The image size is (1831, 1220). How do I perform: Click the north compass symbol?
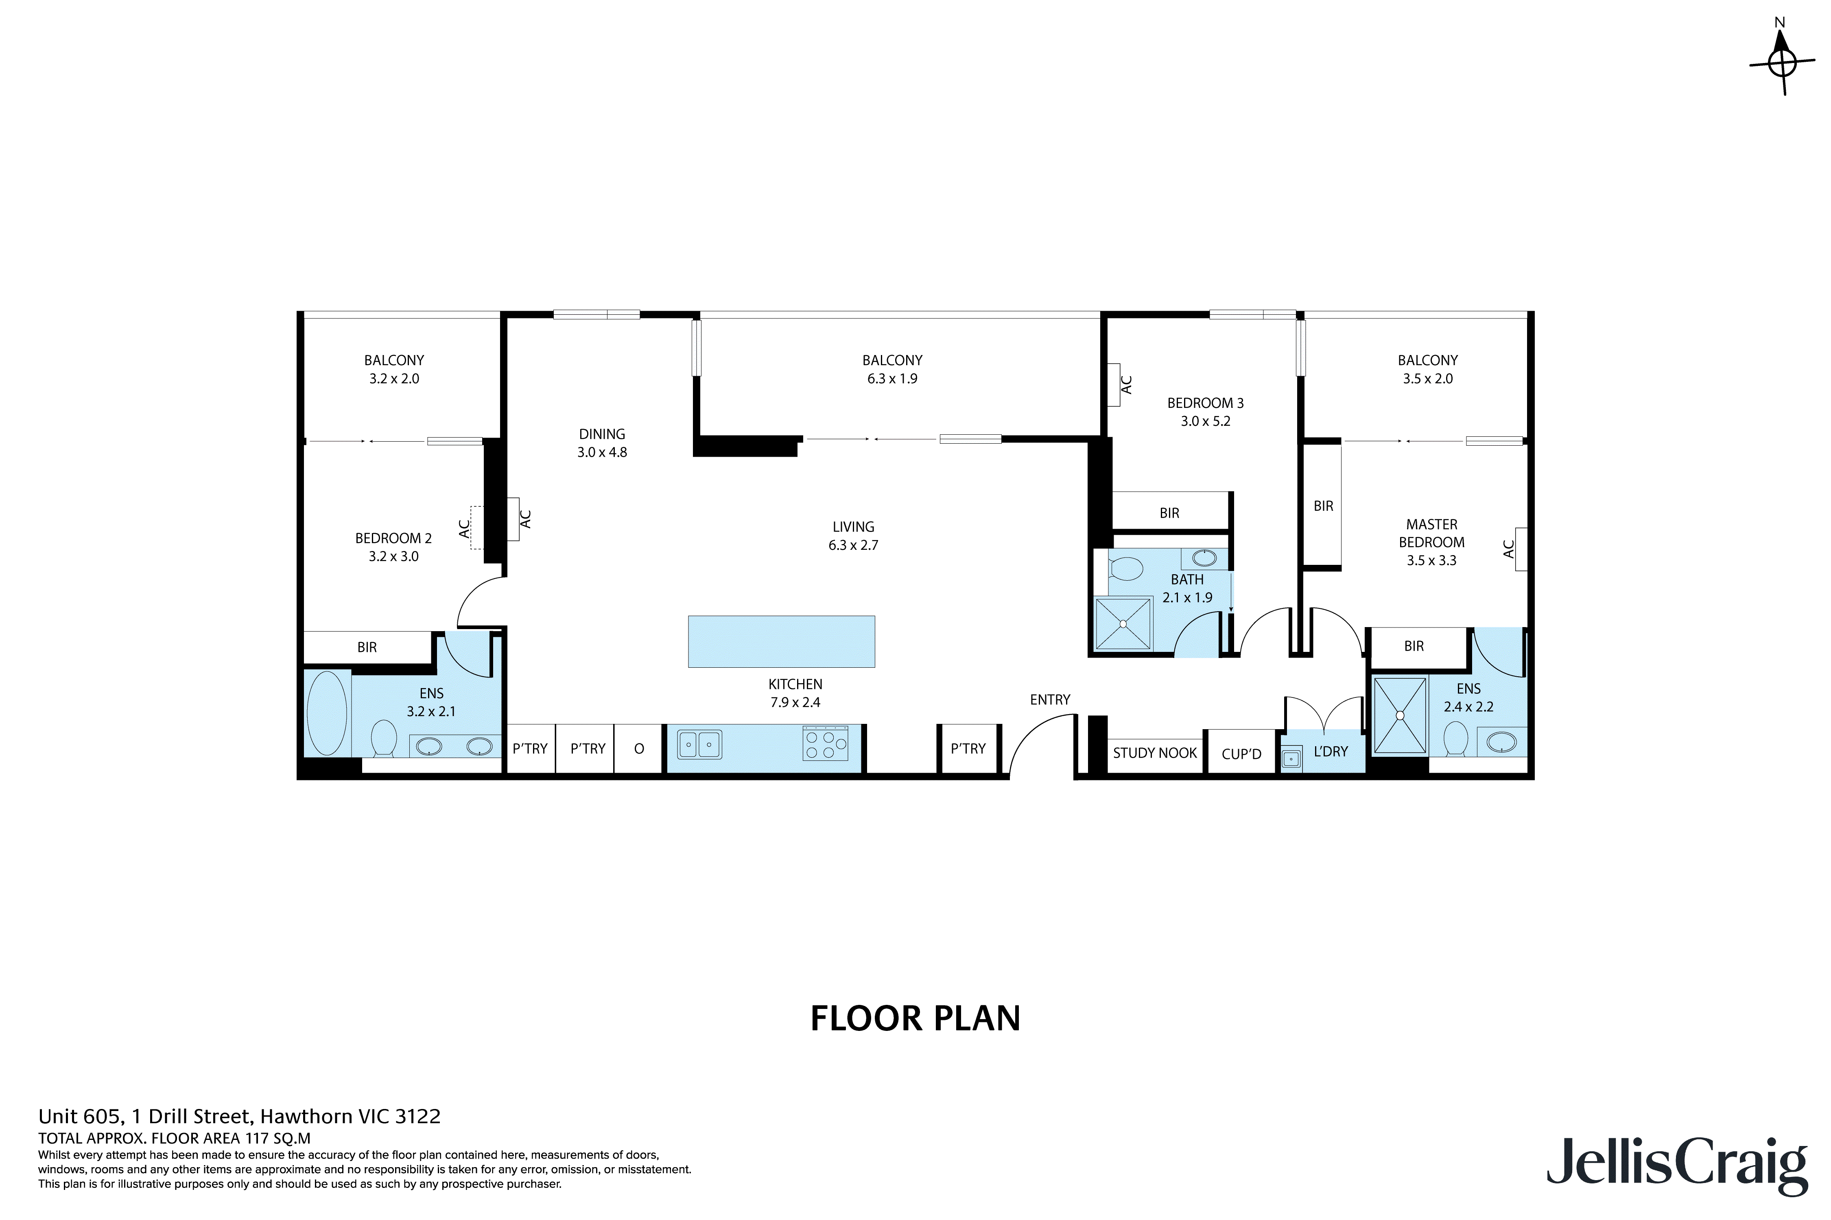pos(1782,61)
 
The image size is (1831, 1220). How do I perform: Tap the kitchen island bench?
pos(781,641)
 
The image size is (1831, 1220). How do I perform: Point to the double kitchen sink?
pos(699,744)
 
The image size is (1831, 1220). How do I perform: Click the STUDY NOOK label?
pos(1154,752)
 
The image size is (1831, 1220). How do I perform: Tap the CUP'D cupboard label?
pos(1241,753)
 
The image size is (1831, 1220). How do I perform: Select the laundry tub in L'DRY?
pos(1291,758)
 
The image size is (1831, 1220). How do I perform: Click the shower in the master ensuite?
pos(1400,715)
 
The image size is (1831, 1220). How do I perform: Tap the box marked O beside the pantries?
pos(639,749)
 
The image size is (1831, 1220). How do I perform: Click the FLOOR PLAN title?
pos(915,1018)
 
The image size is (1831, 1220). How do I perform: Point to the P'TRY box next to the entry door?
pos(968,749)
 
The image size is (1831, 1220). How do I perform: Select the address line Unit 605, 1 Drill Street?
pos(239,1117)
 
